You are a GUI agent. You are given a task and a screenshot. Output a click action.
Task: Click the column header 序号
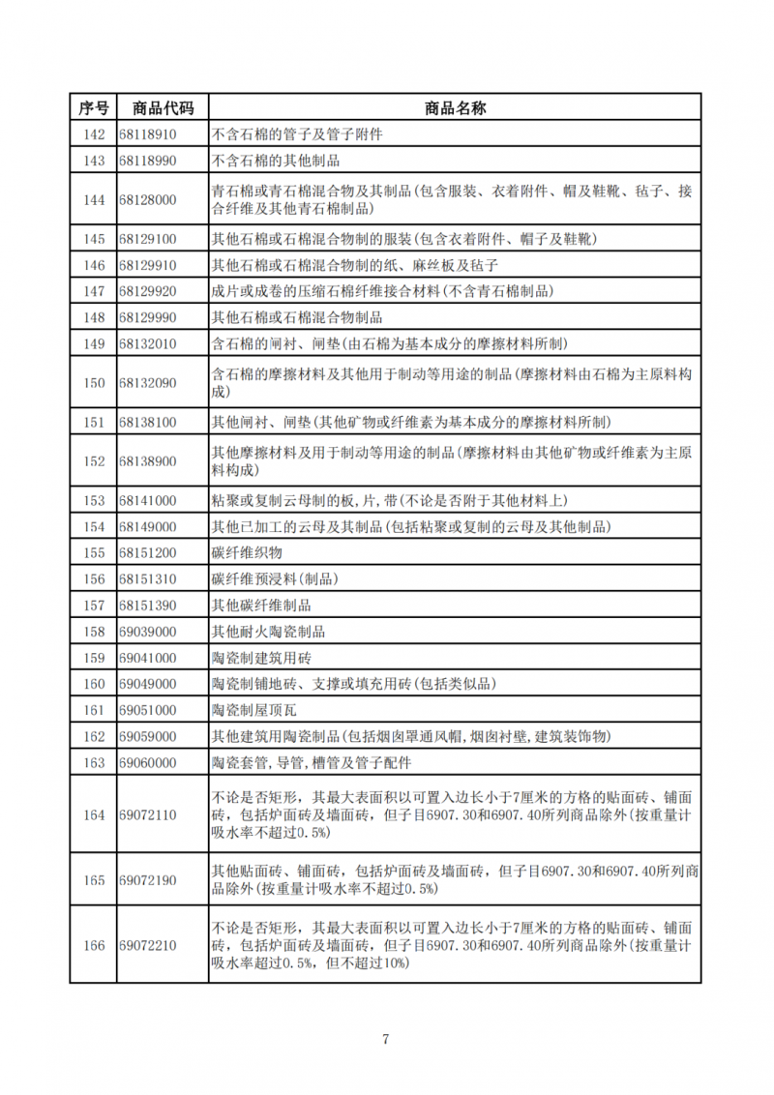pyautogui.click(x=94, y=107)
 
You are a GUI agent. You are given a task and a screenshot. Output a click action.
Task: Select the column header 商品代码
pyautogui.click(x=162, y=107)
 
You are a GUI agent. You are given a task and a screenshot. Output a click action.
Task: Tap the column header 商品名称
pyautogui.click(x=455, y=107)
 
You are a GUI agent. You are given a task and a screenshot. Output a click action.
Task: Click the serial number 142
pyautogui.click(x=94, y=134)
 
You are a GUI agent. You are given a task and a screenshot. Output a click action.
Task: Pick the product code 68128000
pyautogui.click(x=148, y=200)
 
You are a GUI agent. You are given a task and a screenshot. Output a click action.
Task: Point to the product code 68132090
pyautogui.click(x=148, y=383)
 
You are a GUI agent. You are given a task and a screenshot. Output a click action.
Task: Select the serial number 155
pyautogui.click(x=94, y=553)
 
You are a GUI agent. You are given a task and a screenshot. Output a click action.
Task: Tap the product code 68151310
pyautogui.click(x=148, y=579)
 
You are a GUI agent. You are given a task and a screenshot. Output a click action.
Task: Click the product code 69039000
pyautogui.click(x=148, y=632)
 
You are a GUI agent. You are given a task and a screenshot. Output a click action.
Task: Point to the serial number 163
pyautogui.click(x=94, y=763)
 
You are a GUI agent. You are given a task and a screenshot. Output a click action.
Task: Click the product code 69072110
pyautogui.click(x=148, y=815)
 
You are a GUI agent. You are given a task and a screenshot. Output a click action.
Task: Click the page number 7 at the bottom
pyautogui.click(x=386, y=1040)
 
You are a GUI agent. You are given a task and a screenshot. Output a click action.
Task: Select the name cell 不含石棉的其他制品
pyautogui.click(x=275, y=161)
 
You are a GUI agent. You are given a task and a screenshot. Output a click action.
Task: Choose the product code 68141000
pyautogui.click(x=148, y=500)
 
